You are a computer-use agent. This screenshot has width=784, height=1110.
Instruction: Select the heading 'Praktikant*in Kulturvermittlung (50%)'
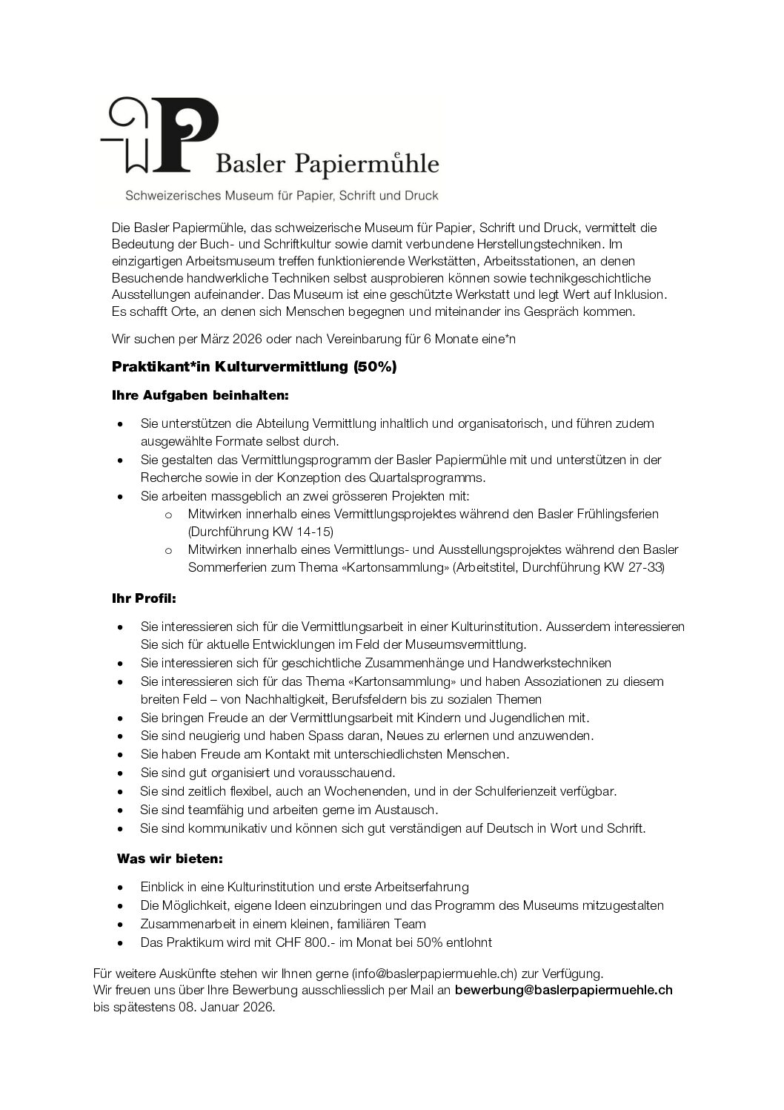point(254,367)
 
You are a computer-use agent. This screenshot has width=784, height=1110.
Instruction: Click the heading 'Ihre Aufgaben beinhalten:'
point(200,396)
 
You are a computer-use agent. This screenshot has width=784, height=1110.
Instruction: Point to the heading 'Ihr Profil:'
point(144,596)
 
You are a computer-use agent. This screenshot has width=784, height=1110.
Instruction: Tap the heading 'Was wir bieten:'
point(170,859)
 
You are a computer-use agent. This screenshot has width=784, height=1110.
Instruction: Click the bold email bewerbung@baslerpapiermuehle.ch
point(564,990)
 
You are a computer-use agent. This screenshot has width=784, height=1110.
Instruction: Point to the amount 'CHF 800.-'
point(298,942)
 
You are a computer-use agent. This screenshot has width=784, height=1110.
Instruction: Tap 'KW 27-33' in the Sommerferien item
point(639,568)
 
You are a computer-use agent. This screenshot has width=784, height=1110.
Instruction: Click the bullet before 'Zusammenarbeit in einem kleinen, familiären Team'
point(121,925)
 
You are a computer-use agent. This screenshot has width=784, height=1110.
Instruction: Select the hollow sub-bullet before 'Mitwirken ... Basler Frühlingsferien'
point(169,514)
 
